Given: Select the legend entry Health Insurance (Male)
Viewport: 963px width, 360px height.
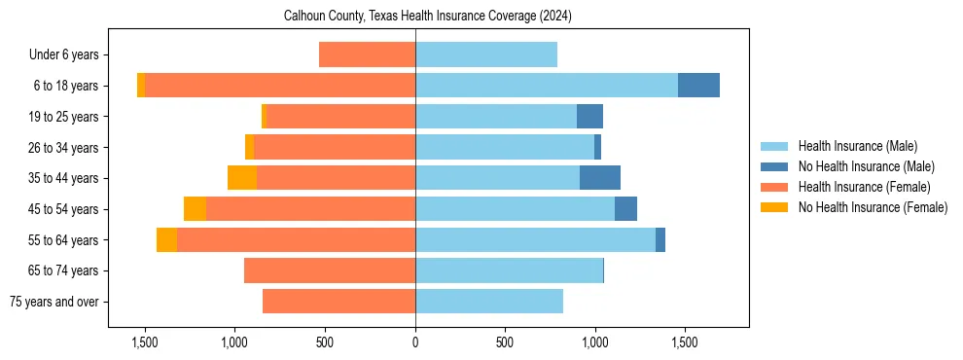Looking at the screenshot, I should (857, 146).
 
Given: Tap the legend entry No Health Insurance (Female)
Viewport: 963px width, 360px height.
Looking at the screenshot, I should (873, 207).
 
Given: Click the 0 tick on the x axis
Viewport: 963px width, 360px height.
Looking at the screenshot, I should (415, 342).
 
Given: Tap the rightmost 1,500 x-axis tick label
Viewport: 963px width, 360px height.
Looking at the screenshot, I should (684, 342).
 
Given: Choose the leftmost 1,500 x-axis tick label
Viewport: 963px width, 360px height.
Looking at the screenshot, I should (145, 342).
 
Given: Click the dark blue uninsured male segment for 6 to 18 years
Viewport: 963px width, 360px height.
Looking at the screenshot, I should (698, 86).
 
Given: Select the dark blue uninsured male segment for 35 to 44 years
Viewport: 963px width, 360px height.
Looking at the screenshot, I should (600, 178).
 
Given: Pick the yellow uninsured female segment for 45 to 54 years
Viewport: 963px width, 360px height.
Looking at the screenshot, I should (195, 209).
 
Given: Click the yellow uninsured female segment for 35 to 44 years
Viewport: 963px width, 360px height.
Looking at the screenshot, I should (242, 178).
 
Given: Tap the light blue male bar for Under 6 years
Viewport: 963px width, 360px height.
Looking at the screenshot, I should (486, 54).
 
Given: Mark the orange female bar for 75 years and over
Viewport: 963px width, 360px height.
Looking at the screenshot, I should (339, 302).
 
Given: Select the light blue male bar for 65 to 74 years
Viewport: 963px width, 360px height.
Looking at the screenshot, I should (509, 270).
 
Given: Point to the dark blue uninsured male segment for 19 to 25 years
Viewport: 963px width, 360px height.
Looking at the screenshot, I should (589, 117).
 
